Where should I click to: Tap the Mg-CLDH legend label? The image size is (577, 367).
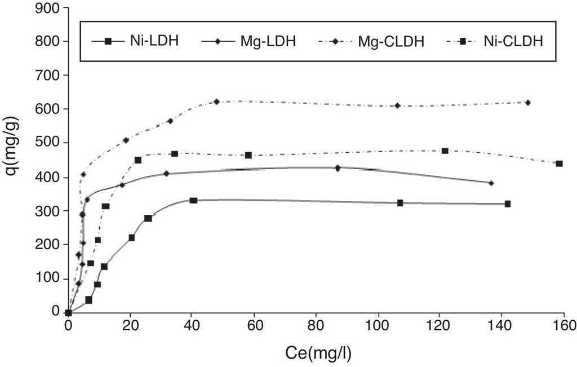pyautogui.click(x=395, y=41)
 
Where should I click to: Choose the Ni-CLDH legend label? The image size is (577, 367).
pyautogui.click(x=513, y=41)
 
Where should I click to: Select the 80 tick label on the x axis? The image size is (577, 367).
pyautogui.click(x=316, y=326)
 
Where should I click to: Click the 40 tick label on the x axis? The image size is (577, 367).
pyautogui.click(x=192, y=326)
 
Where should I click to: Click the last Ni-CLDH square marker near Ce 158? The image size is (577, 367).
pyautogui.click(x=559, y=163)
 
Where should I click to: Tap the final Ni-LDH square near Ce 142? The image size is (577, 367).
pyautogui.click(x=508, y=204)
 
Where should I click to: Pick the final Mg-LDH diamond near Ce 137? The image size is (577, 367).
pyautogui.click(x=491, y=183)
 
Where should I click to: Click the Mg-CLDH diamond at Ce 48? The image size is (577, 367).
pyautogui.click(x=216, y=101)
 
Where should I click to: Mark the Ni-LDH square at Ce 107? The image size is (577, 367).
pyautogui.click(x=400, y=202)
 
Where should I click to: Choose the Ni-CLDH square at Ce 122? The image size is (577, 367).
pyautogui.click(x=445, y=151)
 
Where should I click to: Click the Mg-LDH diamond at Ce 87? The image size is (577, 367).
pyautogui.click(x=338, y=168)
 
